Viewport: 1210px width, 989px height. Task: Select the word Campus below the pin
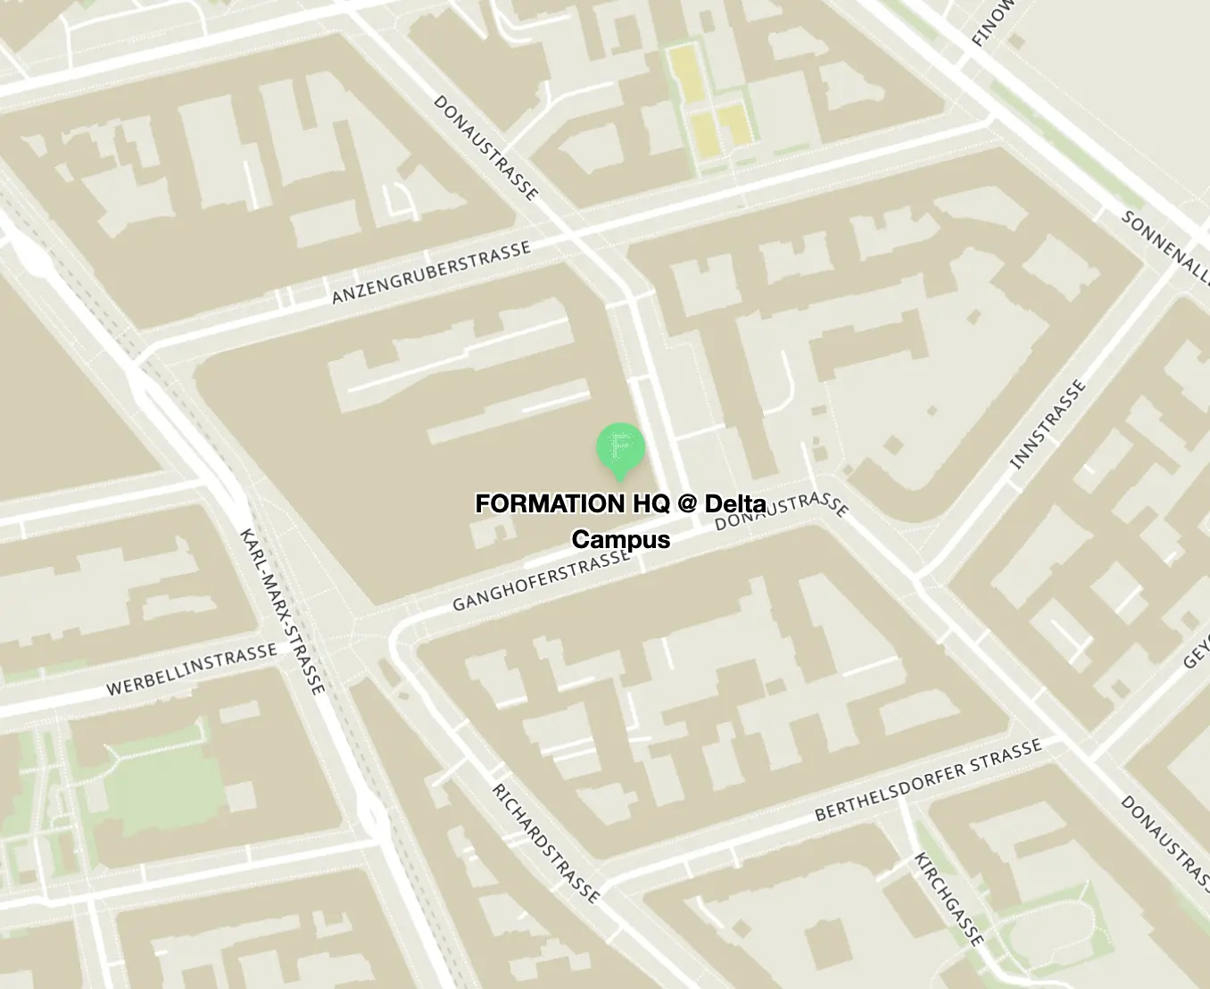(x=620, y=539)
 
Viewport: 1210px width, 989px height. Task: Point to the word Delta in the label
(x=735, y=504)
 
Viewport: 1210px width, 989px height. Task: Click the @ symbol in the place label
(x=686, y=504)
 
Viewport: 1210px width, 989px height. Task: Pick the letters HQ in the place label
(x=651, y=504)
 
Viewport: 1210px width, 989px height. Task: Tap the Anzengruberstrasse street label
(x=431, y=272)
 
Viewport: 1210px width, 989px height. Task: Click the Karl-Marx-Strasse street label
(x=282, y=611)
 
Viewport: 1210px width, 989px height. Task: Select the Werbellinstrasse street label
(x=192, y=669)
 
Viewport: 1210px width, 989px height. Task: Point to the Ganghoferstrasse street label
(x=541, y=581)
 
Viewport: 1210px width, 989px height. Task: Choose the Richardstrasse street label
(x=545, y=843)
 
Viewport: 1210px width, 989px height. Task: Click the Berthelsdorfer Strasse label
(x=928, y=779)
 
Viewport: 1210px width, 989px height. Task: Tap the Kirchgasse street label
(x=949, y=898)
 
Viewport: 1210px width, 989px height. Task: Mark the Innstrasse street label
(x=1048, y=424)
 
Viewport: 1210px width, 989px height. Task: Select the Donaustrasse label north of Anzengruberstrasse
(x=486, y=147)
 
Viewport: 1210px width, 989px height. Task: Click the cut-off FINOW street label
(x=992, y=22)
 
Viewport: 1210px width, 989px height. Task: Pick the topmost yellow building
(x=685, y=74)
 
